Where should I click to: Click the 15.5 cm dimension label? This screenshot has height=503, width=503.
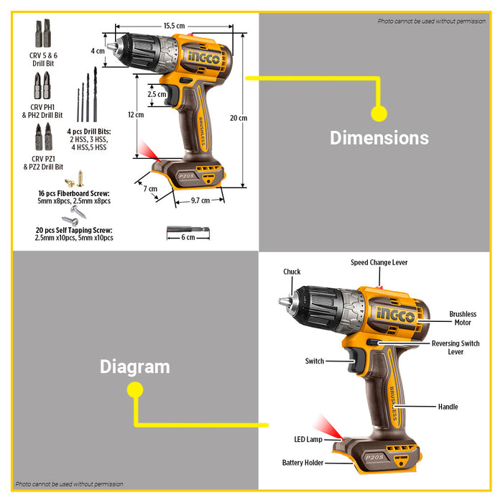pyautogui.click(x=173, y=26)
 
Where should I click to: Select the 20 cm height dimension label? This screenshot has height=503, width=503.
pyautogui.click(x=238, y=118)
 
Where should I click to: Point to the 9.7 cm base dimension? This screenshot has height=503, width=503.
pyautogui.click(x=200, y=200)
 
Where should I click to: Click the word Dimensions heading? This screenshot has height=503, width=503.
pyautogui.click(x=379, y=138)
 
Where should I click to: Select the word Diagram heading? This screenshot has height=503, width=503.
pyautogui.click(x=134, y=366)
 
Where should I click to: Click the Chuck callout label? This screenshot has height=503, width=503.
pyautogui.click(x=292, y=272)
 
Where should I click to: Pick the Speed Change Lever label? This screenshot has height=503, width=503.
pyautogui.click(x=379, y=262)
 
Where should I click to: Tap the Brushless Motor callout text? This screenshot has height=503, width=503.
pyautogui.click(x=463, y=318)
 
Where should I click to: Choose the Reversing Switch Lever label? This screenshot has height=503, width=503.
pyautogui.click(x=456, y=348)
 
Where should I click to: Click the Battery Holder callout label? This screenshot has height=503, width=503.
pyautogui.click(x=303, y=463)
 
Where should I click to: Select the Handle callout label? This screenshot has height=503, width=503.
pyautogui.click(x=448, y=407)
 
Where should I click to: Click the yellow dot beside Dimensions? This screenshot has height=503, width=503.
pyautogui.click(x=379, y=113)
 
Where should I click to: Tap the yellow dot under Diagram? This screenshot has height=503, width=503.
pyautogui.click(x=134, y=389)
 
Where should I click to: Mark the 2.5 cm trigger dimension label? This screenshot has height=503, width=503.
pyautogui.click(x=157, y=94)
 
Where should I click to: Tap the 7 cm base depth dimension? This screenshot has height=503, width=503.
pyautogui.click(x=149, y=189)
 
